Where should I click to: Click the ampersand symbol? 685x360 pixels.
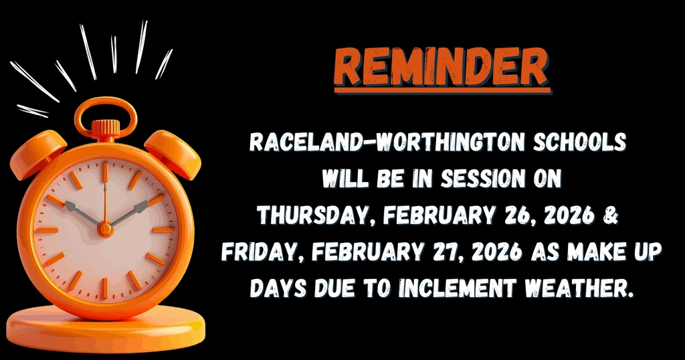[x=616, y=215]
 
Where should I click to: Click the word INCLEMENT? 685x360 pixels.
[x=456, y=289]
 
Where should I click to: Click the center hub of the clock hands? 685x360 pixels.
[x=105, y=228]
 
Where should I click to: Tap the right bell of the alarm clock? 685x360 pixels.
[x=173, y=153]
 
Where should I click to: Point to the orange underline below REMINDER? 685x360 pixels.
[x=441, y=90]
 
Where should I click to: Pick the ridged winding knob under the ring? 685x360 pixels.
[x=105, y=128]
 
